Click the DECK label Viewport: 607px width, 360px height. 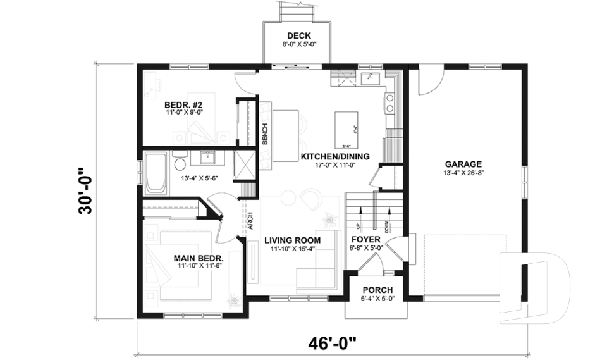click(298, 35)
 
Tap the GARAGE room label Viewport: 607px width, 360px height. click(462, 163)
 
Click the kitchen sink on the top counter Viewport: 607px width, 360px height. click(370, 78)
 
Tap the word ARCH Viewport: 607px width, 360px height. click(250, 219)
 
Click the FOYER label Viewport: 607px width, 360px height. click(365, 240)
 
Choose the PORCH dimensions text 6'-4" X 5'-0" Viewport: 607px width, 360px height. click(377, 299)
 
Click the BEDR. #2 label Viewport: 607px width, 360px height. click(183, 104)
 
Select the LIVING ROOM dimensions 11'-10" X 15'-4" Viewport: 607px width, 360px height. click(292, 249)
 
